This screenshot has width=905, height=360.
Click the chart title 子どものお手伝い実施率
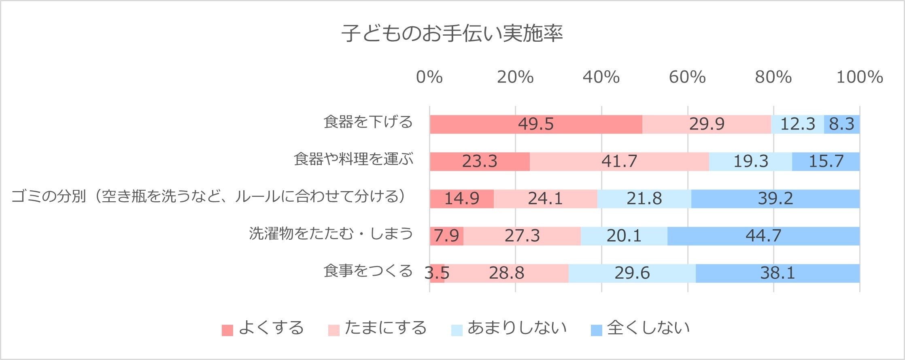(452, 34)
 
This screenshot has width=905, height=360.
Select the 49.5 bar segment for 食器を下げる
(536, 124)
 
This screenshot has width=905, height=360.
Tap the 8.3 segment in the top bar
(842, 124)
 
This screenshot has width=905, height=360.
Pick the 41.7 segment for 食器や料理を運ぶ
(619, 161)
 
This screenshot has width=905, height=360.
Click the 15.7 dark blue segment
(826, 161)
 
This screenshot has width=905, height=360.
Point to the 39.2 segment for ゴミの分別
(775, 198)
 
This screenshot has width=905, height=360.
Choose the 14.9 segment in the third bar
(461, 198)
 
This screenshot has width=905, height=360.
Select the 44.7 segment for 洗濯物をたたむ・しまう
(763, 236)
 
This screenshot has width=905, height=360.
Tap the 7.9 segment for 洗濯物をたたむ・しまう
(446, 236)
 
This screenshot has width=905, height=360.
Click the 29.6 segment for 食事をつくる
(632, 273)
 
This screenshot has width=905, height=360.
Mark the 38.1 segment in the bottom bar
(778, 273)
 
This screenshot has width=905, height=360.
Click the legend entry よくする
(263, 328)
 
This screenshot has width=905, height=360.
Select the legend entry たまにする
(378, 328)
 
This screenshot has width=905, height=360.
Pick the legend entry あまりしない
(509, 328)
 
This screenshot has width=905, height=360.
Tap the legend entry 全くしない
(640, 328)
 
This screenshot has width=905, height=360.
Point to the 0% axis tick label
(429, 77)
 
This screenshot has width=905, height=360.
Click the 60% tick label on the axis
(687, 77)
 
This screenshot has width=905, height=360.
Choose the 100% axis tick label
(860, 77)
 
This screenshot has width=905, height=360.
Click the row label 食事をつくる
(368, 271)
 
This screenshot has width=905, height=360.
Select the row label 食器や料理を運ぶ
(353, 159)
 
